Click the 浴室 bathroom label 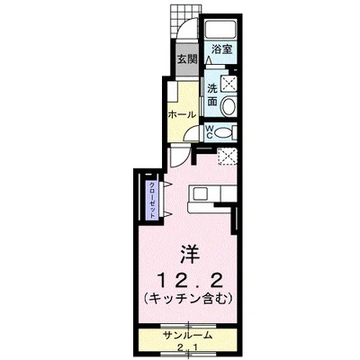click(x=220, y=50)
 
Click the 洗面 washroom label click(x=211, y=94)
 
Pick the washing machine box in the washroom click(x=227, y=84)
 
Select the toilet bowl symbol click(x=226, y=131)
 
